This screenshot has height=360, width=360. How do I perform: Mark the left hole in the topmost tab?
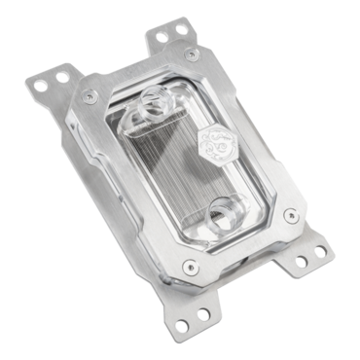tap(156, 40)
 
